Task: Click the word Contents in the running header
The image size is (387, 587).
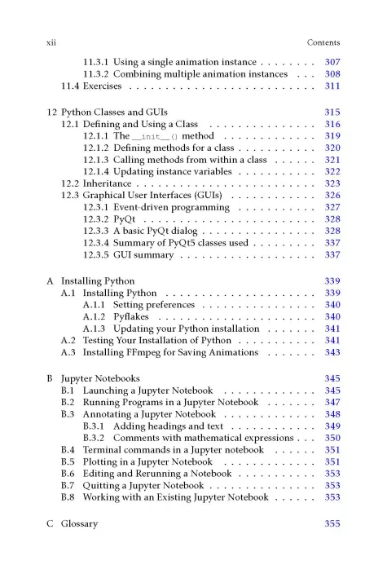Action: [x=323, y=42]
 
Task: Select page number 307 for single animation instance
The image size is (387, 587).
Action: [x=332, y=62]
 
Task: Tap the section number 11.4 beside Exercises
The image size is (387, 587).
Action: [x=71, y=86]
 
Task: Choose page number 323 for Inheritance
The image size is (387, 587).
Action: [x=332, y=183]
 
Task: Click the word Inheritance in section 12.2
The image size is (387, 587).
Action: [x=110, y=183]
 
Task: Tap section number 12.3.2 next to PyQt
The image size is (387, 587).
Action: [x=96, y=219]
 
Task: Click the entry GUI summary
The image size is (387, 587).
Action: [x=143, y=255]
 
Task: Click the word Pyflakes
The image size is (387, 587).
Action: [x=131, y=317]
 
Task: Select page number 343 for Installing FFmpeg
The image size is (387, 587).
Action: [x=332, y=353]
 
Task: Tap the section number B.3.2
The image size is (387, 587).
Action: [x=96, y=438]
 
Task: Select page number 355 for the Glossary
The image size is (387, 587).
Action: [x=332, y=523]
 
